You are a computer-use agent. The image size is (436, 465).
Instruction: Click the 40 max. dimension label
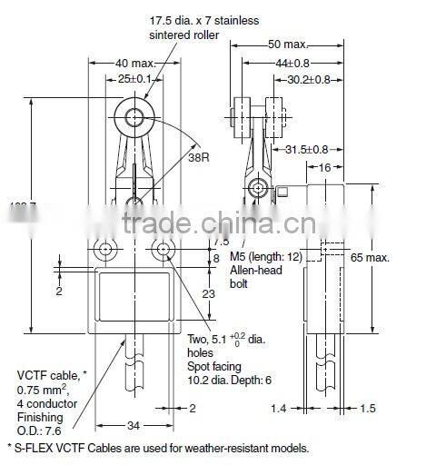pos(136,63)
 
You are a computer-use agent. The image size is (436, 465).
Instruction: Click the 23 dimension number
pos(209,294)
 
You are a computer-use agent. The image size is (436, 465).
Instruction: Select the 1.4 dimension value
pos(280,410)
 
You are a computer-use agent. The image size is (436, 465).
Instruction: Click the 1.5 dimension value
pos(368,410)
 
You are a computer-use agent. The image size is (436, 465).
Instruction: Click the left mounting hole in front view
pos(105,249)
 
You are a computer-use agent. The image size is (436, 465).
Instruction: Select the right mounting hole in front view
pos(164,249)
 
